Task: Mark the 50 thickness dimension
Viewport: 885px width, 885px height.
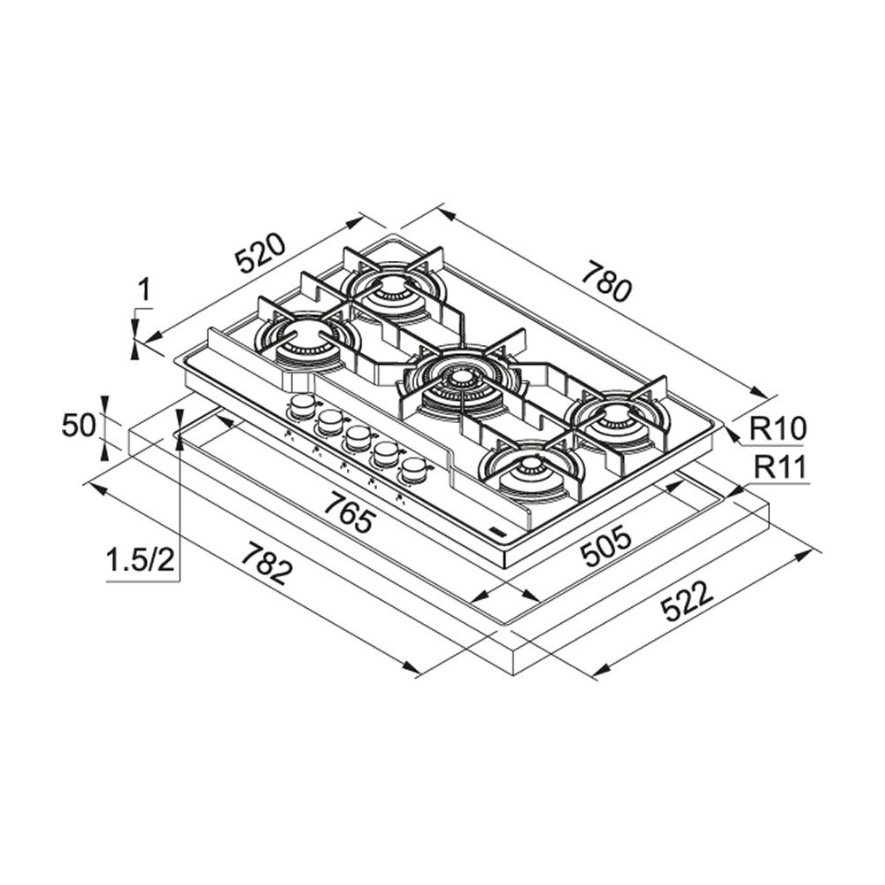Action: click(78, 426)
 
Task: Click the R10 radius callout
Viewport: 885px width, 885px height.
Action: click(778, 429)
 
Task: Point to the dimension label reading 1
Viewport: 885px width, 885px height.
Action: click(145, 289)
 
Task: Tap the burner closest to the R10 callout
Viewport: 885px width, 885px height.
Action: click(617, 419)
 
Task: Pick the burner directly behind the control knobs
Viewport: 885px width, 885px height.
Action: click(306, 341)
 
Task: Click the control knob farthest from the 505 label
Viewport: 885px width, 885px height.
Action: click(303, 405)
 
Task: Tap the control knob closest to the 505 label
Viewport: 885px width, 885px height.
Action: click(412, 468)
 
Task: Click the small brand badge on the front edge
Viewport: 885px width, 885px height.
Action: click(497, 533)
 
